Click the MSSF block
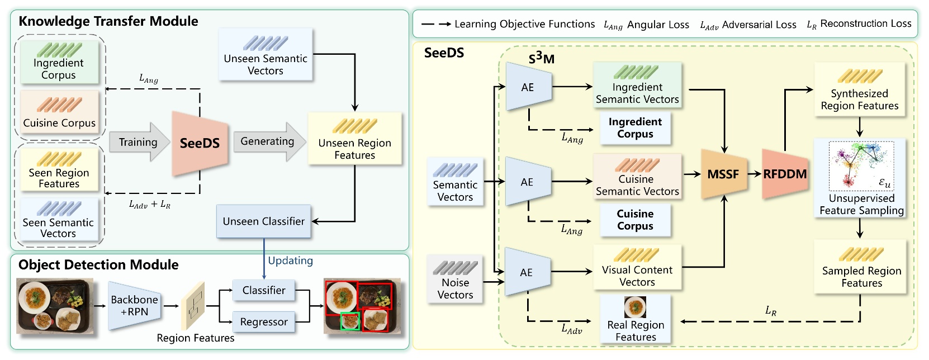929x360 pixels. [723, 174]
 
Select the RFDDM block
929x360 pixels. [785, 174]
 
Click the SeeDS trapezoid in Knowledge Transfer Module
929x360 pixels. [200, 143]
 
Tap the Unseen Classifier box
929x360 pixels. [263, 221]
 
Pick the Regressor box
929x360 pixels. [263, 322]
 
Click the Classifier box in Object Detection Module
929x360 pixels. [263, 290]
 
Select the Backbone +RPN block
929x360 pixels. [134, 305]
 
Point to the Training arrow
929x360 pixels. [138, 142]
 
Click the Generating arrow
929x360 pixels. [268, 141]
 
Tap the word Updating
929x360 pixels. [290, 260]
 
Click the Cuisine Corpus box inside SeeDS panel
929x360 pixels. [635, 220]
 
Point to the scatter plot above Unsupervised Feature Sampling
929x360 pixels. [861, 165]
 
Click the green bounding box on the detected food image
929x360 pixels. [350, 321]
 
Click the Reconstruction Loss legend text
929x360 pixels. [865, 23]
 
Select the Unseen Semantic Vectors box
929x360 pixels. [266, 55]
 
